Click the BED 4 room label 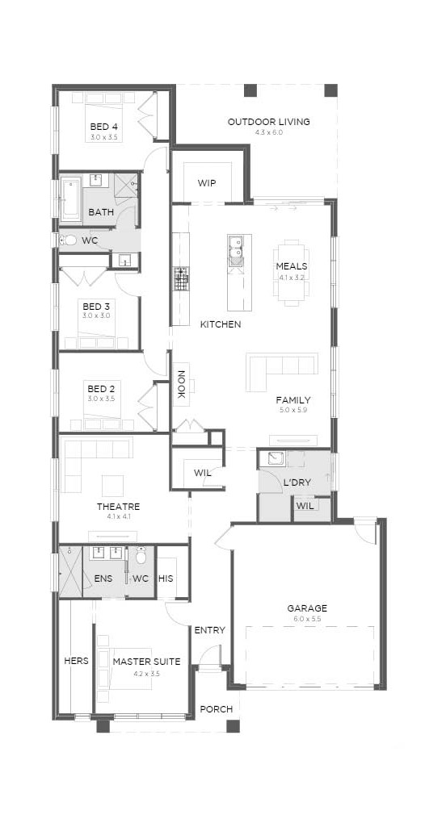(x=103, y=127)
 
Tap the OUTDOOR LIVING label (x=268, y=122)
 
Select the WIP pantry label (x=207, y=183)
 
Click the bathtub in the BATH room (x=71, y=199)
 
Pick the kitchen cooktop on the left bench (x=181, y=278)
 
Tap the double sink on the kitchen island (x=235, y=249)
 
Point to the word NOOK (x=181, y=385)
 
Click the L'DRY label (x=297, y=483)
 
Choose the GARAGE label (x=307, y=608)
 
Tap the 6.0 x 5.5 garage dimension (x=307, y=620)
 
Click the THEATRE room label (x=118, y=507)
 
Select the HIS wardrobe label (x=166, y=579)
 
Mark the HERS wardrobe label (x=76, y=661)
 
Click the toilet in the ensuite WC (x=141, y=557)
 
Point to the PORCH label (x=216, y=709)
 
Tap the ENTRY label (x=209, y=630)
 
